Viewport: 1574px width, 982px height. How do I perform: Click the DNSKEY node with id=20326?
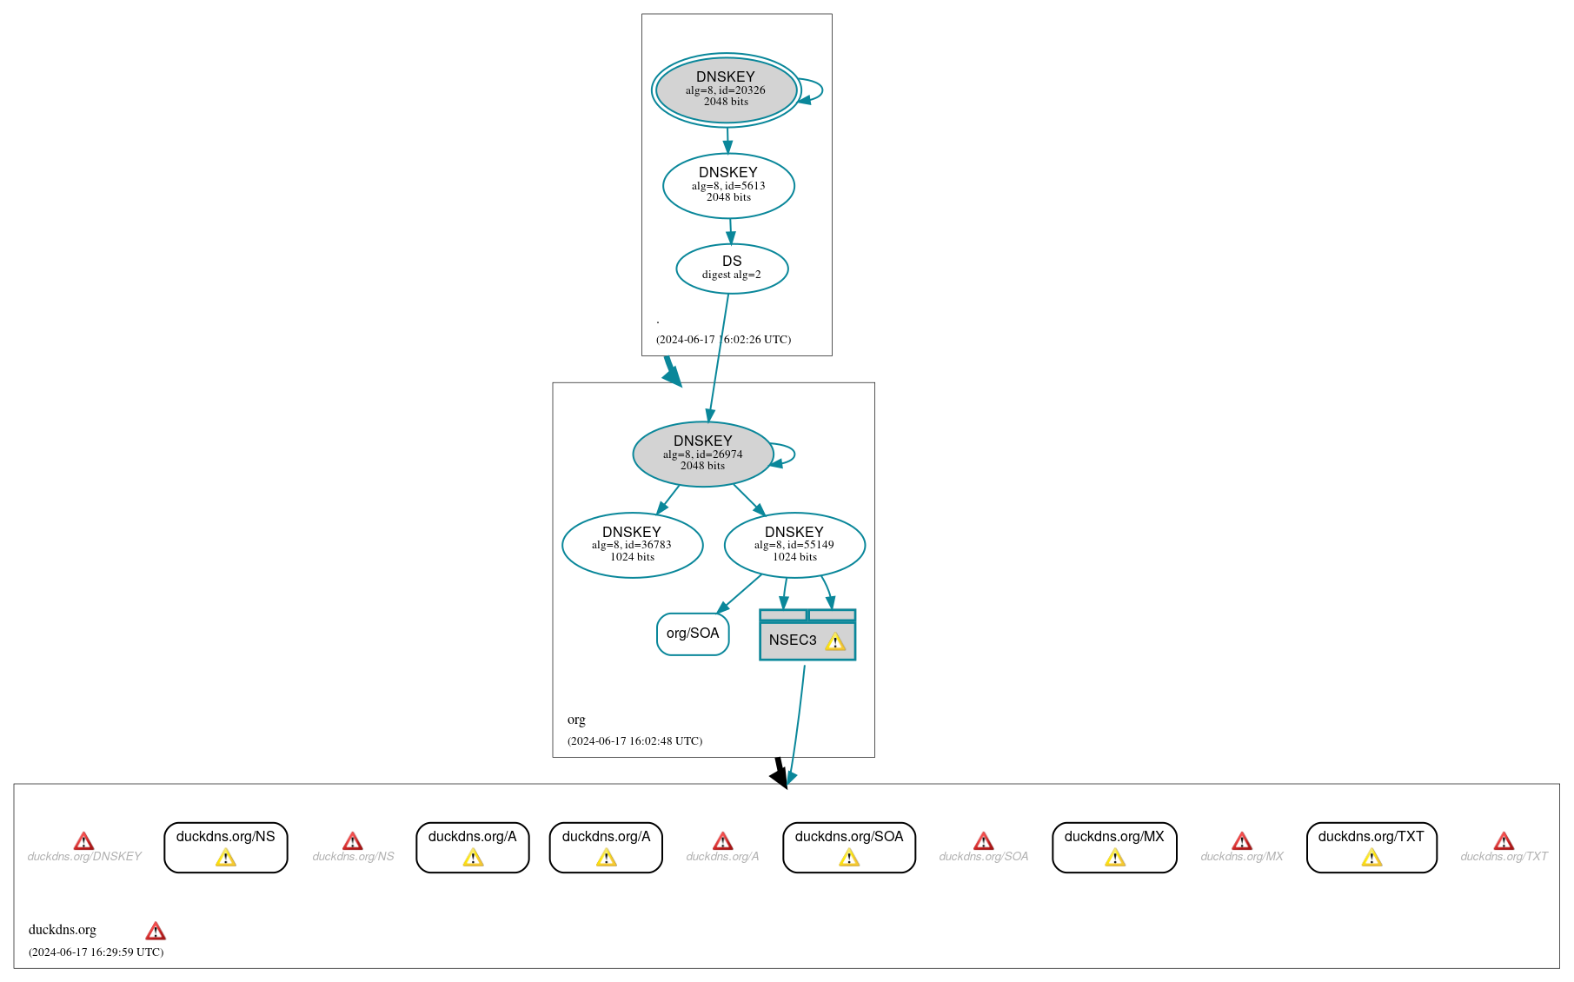tap(726, 90)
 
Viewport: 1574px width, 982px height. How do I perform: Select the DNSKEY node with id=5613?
tap(728, 185)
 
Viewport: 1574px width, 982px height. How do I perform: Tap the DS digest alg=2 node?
tap(732, 268)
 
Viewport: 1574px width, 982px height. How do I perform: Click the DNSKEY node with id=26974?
tap(702, 454)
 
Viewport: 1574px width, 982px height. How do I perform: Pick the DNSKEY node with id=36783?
tap(632, 545)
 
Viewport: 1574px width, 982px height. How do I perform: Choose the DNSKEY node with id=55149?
tap(794, 545)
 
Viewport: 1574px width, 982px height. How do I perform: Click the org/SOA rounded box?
tap(693, 634)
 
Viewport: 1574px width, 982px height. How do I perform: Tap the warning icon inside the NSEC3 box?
tap(834, 642)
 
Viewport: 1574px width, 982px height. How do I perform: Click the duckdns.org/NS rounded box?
tap(225, 846)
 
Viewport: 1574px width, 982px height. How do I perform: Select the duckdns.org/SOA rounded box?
tap(848, 846)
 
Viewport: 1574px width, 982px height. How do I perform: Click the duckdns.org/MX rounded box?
tap(1113, 846)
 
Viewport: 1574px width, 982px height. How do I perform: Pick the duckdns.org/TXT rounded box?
tap(1371, 846)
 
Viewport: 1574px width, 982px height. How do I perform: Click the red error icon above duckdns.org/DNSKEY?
tap(83, 841)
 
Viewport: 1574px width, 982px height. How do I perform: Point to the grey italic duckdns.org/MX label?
tap(1241, 857)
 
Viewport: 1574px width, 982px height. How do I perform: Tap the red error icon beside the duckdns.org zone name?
tap(156, 932)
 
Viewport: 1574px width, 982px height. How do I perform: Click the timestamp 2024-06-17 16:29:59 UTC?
tap(96, 952)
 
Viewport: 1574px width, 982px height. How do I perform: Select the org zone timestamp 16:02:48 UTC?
tap(634, 741)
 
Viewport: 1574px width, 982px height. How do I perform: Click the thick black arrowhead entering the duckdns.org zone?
tap(780, 776)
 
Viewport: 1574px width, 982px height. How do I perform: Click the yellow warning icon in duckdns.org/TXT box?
tap(1371, 859)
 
